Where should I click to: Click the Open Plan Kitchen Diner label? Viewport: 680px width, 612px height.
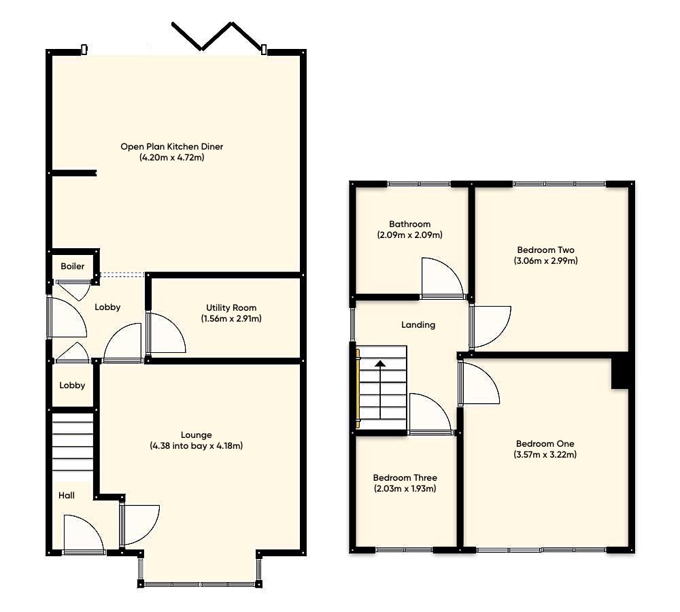pos(171,146)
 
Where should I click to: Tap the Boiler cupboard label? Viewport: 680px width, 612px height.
pos(73,266)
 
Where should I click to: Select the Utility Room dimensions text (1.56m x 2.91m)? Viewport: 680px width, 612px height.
pos(231,318)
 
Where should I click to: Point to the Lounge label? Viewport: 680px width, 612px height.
pos(196,435)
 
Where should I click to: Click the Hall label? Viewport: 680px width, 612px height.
pos(67,496)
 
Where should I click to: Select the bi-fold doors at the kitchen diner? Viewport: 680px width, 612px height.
pos(219,37)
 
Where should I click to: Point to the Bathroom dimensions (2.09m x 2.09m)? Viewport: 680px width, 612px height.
pos(409,235)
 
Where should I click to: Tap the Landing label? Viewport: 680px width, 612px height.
pos(418,325)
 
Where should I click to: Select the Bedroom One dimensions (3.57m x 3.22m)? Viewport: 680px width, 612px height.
pos(545,455)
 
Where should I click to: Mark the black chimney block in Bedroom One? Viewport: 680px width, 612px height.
pos(619,373)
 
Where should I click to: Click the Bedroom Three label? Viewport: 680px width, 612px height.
pos(405,477)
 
